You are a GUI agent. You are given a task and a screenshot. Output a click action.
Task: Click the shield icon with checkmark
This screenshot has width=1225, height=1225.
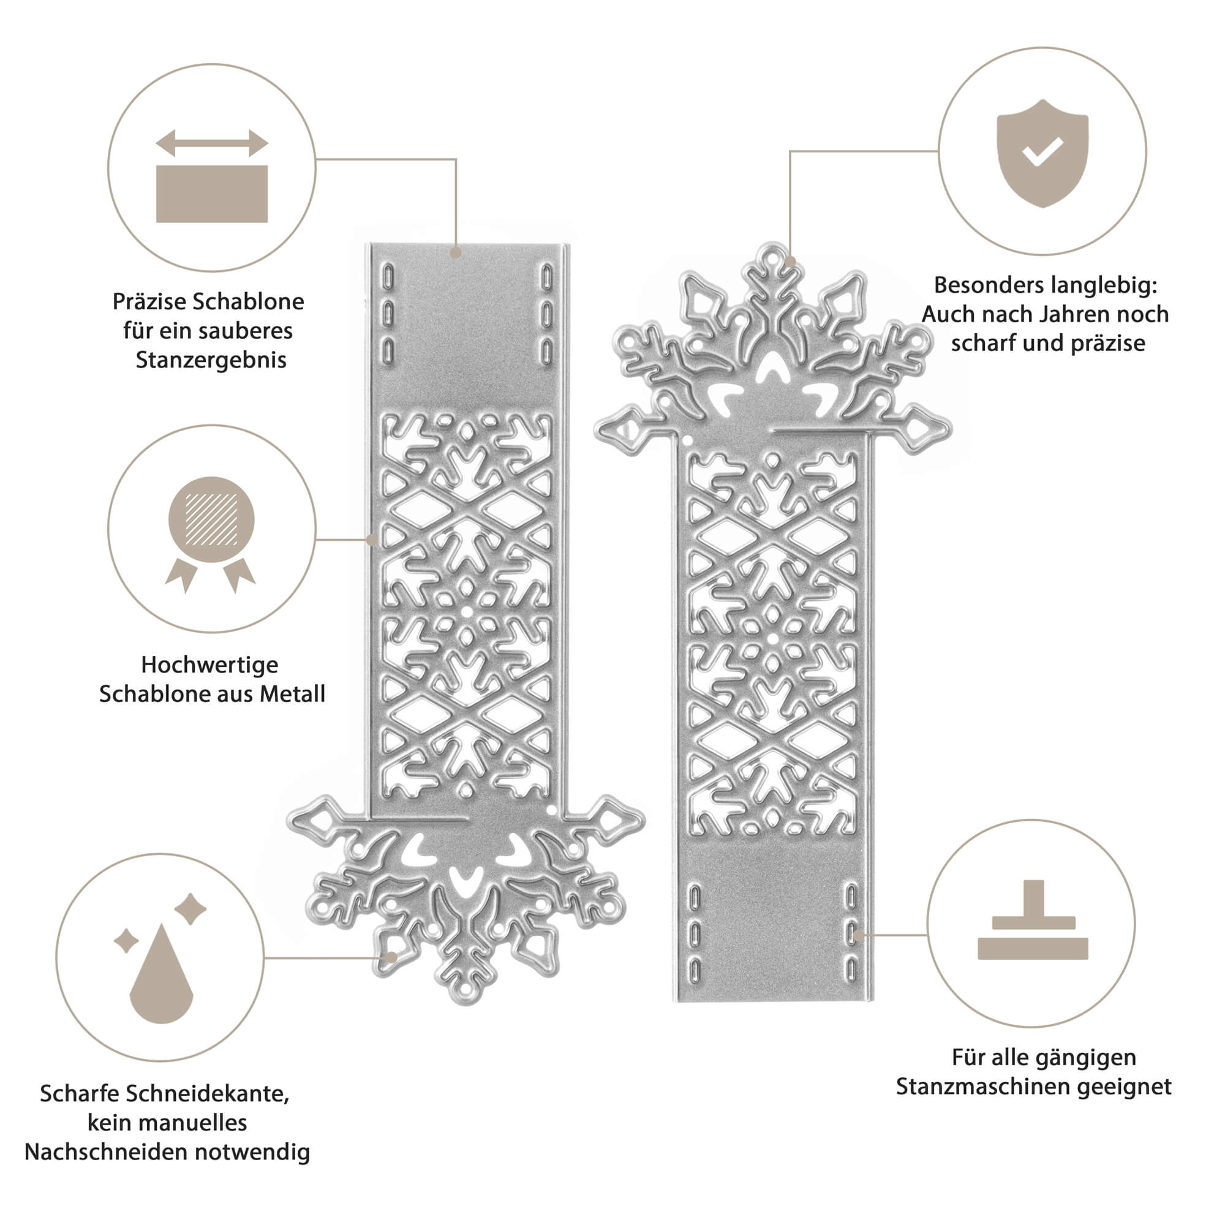pyautogui.click(x=1042, y=152)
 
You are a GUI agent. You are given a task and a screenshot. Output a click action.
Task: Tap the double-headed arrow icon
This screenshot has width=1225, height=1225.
pyautogui.click(x=212, y=143)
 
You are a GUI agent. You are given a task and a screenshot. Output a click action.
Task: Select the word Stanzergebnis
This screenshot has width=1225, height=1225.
pyautogui.click(x=211, y=360)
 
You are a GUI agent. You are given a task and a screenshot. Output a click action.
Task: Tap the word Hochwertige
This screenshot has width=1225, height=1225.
pyautogui.click(x=209, y=665)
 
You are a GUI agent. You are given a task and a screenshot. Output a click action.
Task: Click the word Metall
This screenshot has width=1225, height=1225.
pyautogui.click(x=292, y=694)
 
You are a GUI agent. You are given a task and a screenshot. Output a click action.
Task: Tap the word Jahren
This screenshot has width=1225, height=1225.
pyautogui.click(x=1080, y=314)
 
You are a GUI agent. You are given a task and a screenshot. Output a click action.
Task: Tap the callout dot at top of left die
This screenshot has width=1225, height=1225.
pyautogui.click(x=455, y=252)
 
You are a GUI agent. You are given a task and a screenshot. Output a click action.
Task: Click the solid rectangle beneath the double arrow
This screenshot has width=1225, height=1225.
pyautogui.click(x=212, y=194)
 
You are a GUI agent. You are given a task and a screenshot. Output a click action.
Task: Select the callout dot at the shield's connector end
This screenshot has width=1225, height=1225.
pyautogui.click(x=790, y=262)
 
